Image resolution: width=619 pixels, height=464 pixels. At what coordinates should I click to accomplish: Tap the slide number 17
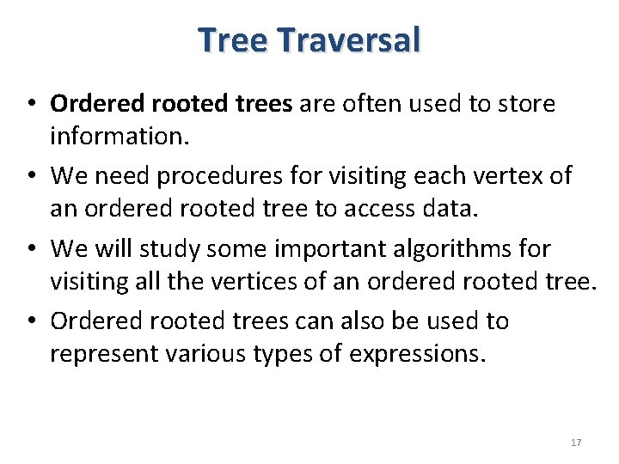[x=576, y=443]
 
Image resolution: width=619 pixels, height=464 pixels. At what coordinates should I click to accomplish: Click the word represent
[x=101, y=353]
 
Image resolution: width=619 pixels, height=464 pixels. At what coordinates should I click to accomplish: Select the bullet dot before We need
[x=28, y=177]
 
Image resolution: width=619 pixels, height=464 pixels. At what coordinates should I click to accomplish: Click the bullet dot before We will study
[x=28, y=249]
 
